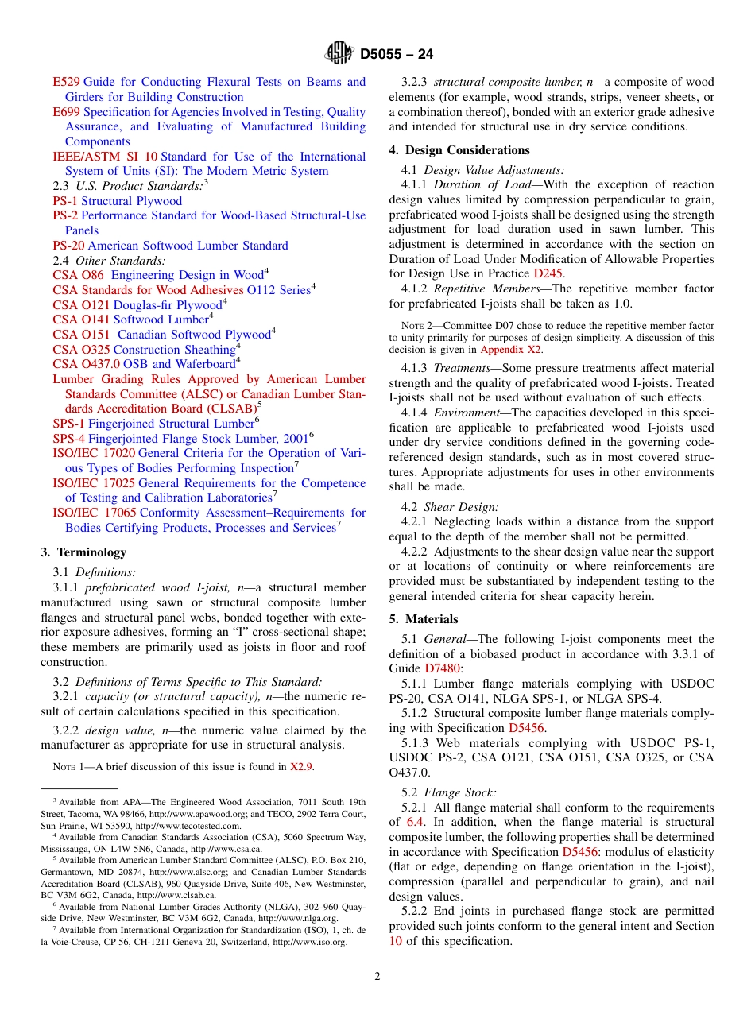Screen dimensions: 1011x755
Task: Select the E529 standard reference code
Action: coord(66,82)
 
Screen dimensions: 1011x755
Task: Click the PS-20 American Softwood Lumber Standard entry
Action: coord(170,246)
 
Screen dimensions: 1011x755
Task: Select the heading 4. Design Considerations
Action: coord(459,150)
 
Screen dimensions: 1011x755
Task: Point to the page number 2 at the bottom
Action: coord(377,977)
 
